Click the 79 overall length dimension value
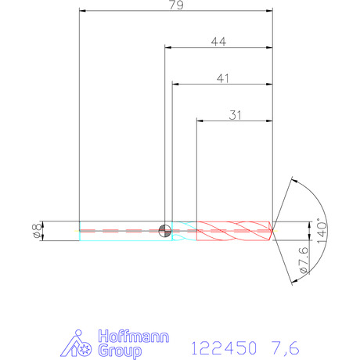(176, 5)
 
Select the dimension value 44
(218, 41)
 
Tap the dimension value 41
(222, 78)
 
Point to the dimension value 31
(235, 115)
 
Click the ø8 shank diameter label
(38, 231)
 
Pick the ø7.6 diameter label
(304, 260)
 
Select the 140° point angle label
(322, 231)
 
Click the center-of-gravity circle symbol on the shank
(165, 231)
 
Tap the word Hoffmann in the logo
(134, 337)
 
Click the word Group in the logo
(120, 351)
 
